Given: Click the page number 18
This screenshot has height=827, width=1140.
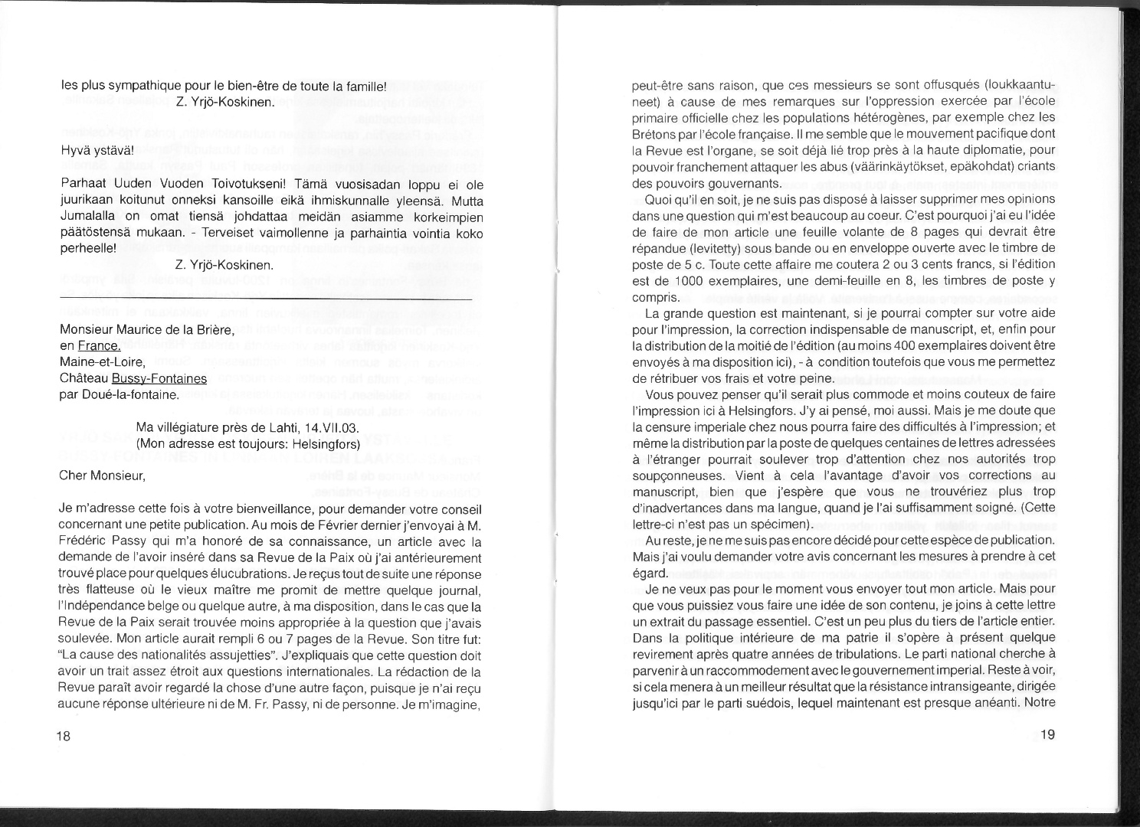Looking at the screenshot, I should [x=63, y=736].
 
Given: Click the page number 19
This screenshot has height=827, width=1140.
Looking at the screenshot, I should [x=1048, y=735].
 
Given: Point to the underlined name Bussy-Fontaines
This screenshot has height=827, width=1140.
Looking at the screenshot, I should [x=159, y=378].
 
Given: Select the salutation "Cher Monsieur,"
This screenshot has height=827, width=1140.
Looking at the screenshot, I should [x=102, y=476].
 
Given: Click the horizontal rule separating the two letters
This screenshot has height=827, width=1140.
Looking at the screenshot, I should [x=265, y=297].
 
